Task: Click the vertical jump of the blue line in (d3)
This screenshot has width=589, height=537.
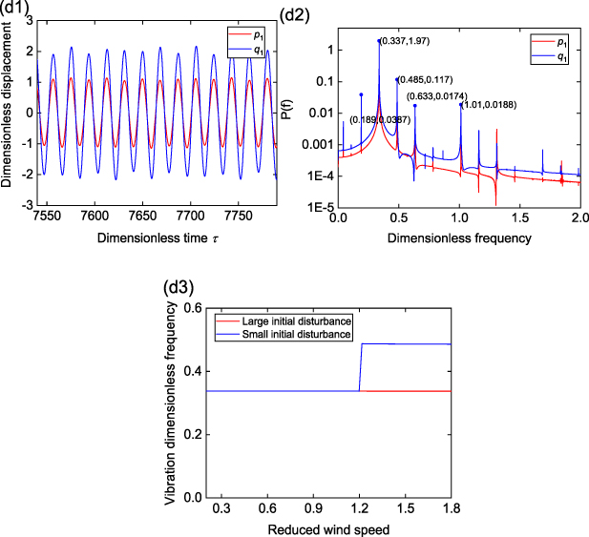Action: tap(360, 367)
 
